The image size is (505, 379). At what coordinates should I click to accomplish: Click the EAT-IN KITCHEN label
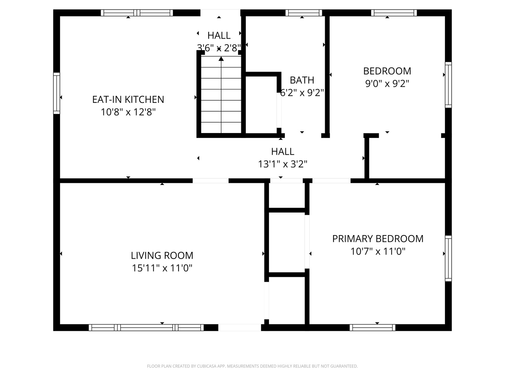click(x=128, y=99)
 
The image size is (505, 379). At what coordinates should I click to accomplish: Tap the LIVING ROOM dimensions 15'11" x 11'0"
click(x=162, y=268)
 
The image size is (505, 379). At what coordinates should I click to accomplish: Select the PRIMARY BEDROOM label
click(x=378, y=239)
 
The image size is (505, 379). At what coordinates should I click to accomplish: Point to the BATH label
click(x=302, y=80)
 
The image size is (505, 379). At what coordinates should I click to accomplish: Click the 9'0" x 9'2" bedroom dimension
click(x=387, y=84)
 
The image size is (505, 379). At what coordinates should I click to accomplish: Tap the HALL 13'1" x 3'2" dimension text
click(x=283, y=164)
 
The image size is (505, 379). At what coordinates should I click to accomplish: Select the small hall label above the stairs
click(x=219, y=35)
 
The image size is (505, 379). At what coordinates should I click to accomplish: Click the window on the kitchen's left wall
click(x=56, y=93)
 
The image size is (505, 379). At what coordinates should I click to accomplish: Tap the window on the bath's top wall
click(x=304, y=13)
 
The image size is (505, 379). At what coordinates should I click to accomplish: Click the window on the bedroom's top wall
click(x=394, y=13)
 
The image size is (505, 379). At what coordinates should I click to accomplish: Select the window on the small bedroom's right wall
click(x=448, y=85)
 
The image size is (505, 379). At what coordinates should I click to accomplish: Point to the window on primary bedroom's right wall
click(x=448, y=259)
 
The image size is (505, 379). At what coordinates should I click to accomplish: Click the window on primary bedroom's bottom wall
click(x=372, y=327)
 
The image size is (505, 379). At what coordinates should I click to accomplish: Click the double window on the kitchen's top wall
click(x=137, y=13)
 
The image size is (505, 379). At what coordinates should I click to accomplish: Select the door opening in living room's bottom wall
click(x=240, y=327)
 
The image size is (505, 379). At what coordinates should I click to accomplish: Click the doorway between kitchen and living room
click(x=210, y=181)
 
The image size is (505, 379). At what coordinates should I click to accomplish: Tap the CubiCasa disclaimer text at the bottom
click(x=252, y=366)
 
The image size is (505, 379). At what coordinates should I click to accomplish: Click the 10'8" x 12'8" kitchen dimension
click(x=128, y=112)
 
